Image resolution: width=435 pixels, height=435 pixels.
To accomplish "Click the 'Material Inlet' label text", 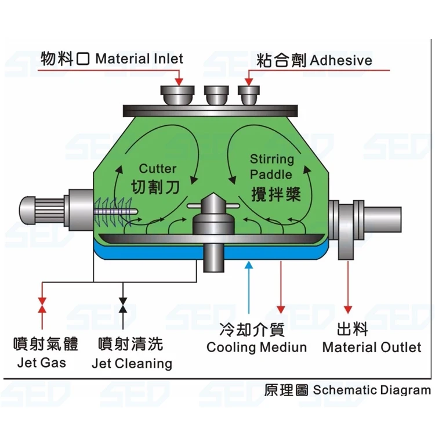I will coord(139,59).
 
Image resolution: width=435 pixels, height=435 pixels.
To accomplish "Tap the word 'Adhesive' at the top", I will coord(342,60).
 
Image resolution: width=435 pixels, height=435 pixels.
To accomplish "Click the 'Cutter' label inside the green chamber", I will coord(158,169).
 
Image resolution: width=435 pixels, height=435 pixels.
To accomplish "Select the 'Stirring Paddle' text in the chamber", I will coord(272,166).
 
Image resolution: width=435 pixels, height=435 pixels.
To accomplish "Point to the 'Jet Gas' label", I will coord(41,363).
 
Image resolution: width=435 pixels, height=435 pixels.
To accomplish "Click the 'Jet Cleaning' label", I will coord(132,364).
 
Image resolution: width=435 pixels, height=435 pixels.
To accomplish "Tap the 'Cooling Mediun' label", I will coord(256,347).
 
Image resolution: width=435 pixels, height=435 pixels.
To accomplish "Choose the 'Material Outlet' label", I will coord(371,347).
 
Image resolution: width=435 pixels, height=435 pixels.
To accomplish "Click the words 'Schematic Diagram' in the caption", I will coord(372,390).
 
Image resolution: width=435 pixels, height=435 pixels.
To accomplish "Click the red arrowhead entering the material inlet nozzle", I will coord(179,79).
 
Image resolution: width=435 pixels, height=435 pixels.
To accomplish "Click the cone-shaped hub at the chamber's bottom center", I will coord(209,205).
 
